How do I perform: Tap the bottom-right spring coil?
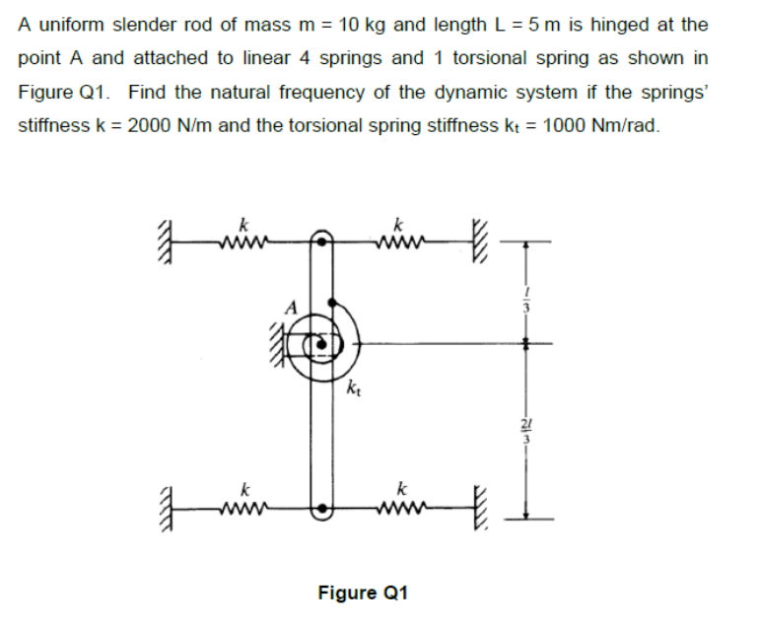point(399,511)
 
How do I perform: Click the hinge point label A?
point(288,305)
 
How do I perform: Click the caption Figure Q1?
point(362,592)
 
